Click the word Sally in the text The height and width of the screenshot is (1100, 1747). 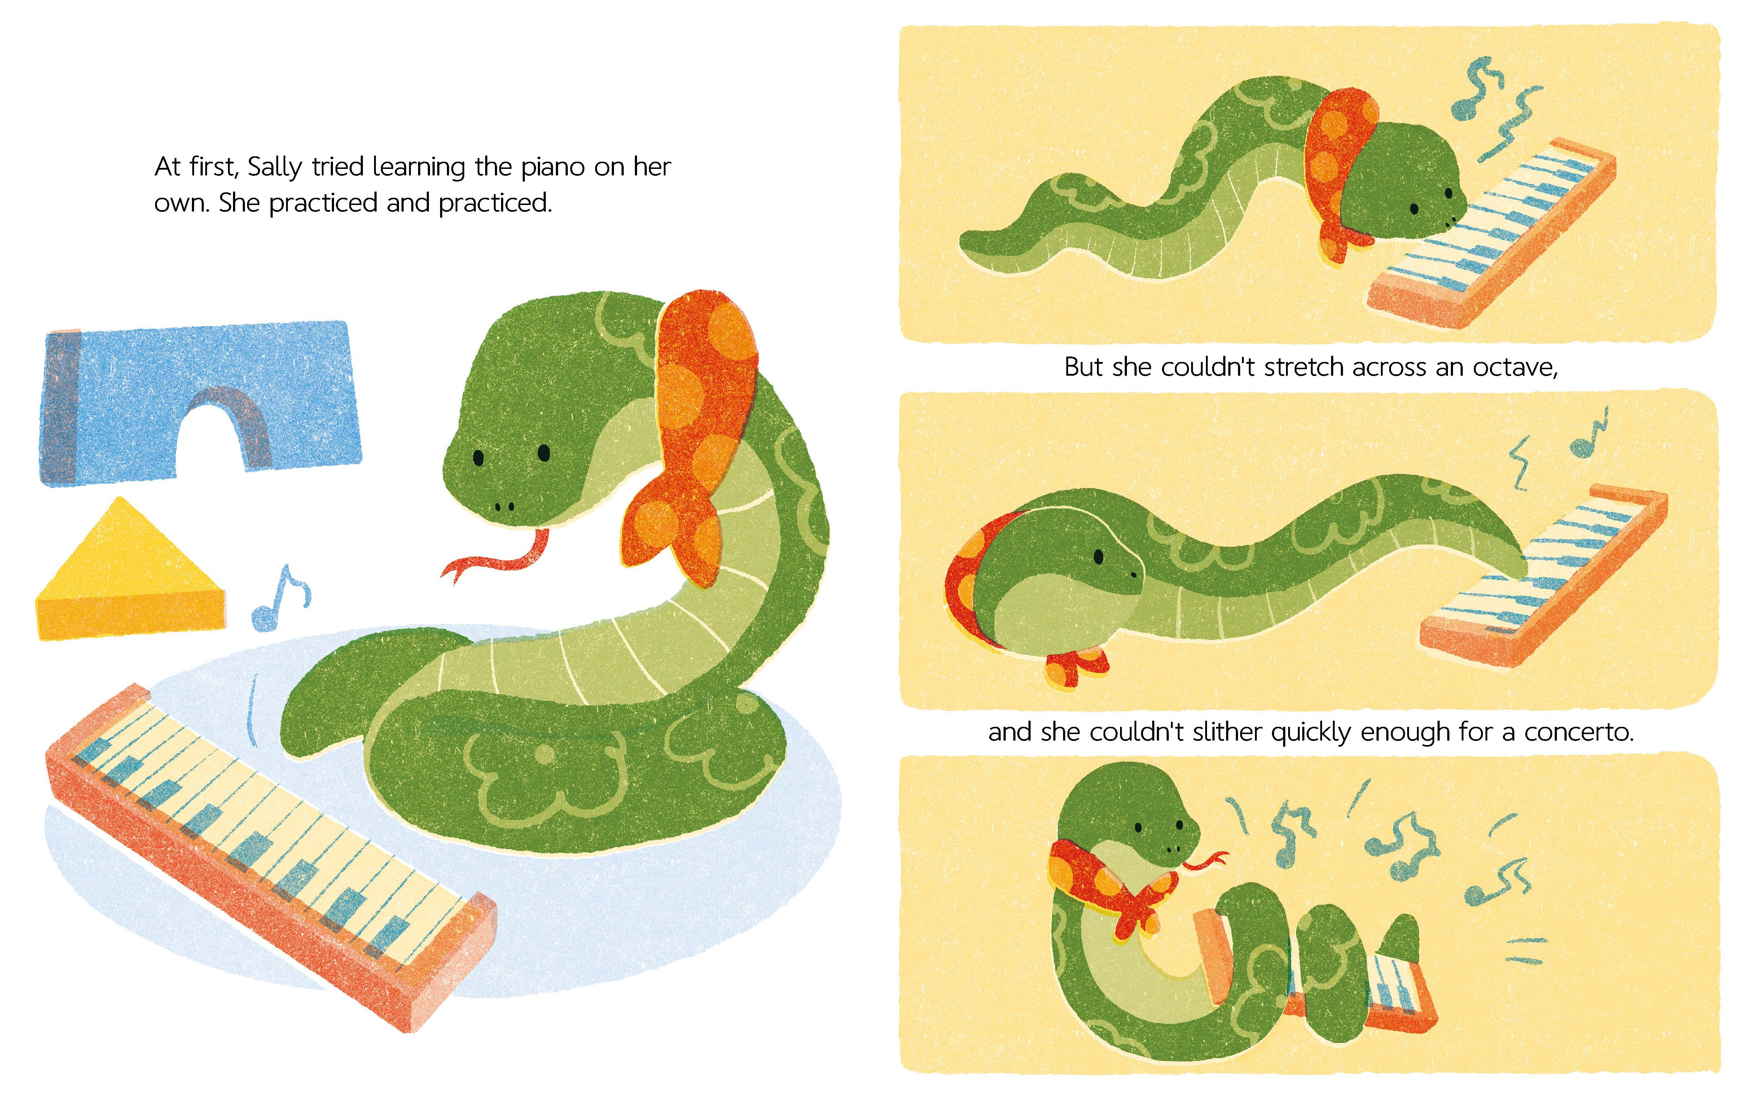[275, 167]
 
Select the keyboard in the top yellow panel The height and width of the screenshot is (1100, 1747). [1491, 232]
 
